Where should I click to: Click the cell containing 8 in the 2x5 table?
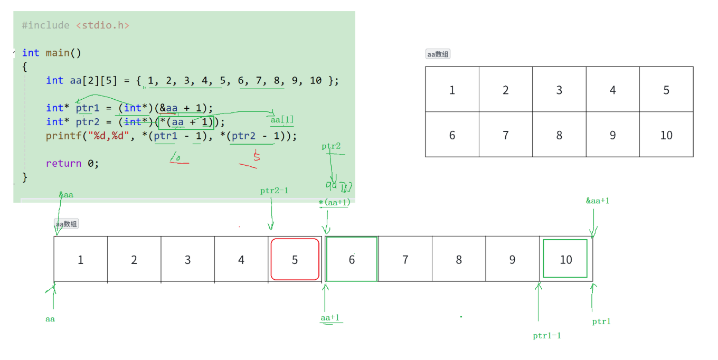pyautogui.click(x=559, y=135)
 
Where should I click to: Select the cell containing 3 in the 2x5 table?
pyautogui.click(x=559, y=90)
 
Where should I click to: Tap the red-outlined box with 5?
pyautogui.click(x=295, y=259)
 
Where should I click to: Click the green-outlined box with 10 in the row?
pyautogui.click(x=565, y=259)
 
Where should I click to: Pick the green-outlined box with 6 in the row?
pyautogui.click(x=352, y=259)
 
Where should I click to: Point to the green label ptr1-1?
pyautogui.click(x=547, y=335)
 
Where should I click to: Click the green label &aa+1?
pyautogui.click(x=598, y=201)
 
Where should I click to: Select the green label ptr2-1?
pyautogui.click(x=275, y=191)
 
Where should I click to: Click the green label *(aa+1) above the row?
pyautogui.click(x=335, y=203)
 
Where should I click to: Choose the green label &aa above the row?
pyautogui.click(x=66, y=195)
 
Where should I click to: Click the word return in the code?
pyautogui.click(x=63, y=163)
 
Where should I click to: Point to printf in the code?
pyautogui.click(x=63, y=136)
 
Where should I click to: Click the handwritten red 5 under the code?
pyautogui.click(x=257, y=156)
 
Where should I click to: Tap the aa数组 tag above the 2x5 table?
pyautogui.click(x=438, y=54)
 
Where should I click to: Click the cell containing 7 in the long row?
pyautogui.click(x=405, y=259)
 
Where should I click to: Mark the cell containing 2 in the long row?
pyautogui.click(x=134, y=259)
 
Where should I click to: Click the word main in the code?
pyautogui.click(x=58, y=53)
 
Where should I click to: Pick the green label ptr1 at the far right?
pyautogui.click(x=601, y=321)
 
